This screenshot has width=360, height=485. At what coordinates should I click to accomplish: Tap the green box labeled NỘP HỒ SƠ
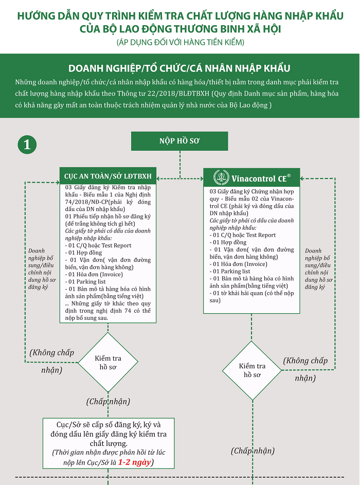pyautogui.click(x=179, y=141)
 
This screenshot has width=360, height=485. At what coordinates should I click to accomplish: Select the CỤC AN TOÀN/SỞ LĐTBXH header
pyautogui.click(x=107, y=175)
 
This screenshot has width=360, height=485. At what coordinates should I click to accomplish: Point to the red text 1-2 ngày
pyautogui.click(x=134, y=462)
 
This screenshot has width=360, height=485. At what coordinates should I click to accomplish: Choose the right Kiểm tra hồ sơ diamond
pyautogui.click(x=252, y=370)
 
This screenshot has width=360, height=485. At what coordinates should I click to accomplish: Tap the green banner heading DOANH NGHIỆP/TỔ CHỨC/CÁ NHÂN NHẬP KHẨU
pyautogui.click(x=179, y=68)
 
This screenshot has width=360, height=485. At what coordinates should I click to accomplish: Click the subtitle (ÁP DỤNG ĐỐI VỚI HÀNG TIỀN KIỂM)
pyautogui.click(x=179, y=42)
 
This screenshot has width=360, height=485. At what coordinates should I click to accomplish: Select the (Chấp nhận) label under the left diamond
pyautogui.click(x=108, y=401)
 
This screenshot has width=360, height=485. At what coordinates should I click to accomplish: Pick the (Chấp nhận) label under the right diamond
pyautogui.click(x=252, y=451)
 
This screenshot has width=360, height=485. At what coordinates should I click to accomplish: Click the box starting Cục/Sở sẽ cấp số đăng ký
pyautogui.click(x=108, y=443)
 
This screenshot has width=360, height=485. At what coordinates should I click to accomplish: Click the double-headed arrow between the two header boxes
pyautogui.click(x=179, y=178)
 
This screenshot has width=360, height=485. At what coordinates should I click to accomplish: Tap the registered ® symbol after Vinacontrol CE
pyautogui.click(x=289, y=176)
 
